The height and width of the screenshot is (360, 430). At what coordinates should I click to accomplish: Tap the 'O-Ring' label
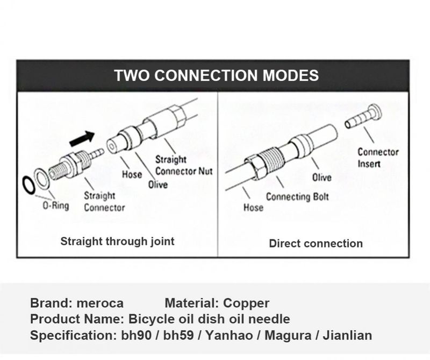pyautogui.click(x=56, y=206)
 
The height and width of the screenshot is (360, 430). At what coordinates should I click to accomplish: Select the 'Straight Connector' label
pyautogui.click(x=104, y=202)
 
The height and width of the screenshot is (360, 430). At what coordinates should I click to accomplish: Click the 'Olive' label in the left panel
pyautogui.click(x=158, y=185)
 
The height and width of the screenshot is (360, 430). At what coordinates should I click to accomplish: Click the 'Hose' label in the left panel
pyautogui.click(x=132, y=174)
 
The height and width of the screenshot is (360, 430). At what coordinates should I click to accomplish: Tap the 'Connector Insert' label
pyautogui.click(x=378, y=157)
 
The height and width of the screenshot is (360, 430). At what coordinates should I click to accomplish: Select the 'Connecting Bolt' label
pyautogui.click(x=297, y=197)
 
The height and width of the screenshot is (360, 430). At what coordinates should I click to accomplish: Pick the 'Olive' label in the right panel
pyautogui.click(x=322, y=177)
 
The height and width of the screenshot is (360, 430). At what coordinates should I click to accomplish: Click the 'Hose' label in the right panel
pyautogui.click(x=253, y=207)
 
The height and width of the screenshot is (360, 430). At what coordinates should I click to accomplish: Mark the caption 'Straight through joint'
pyautogui.click(x=117, y=241)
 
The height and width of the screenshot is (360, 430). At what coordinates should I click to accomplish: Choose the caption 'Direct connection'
pyautogui.click(x=316, y=243)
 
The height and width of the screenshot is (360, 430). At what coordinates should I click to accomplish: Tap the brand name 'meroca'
pyautogui.click(x=101, y=303)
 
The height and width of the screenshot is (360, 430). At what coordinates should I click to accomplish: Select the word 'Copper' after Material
pyautogui.click(x=246, y=303)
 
